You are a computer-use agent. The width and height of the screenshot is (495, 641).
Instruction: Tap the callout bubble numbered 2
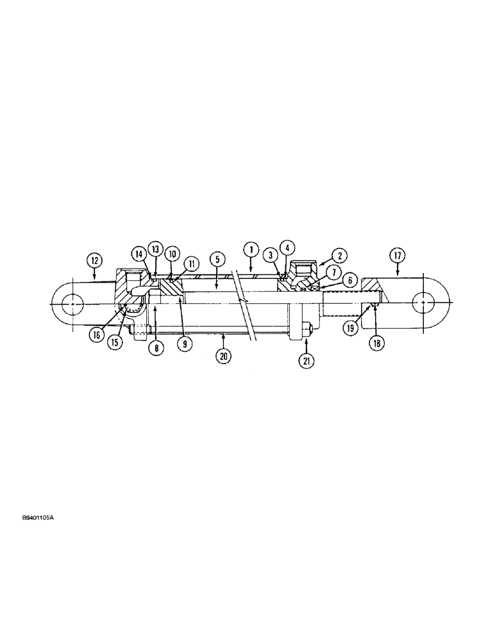point(339,255)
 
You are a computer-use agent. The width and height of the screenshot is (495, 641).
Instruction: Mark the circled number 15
point(115,343)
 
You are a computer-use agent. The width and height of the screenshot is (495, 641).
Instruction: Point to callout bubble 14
point(138,254)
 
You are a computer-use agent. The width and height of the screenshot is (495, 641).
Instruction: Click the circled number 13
point(155,249)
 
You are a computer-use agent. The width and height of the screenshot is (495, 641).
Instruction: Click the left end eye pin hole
point(74,303)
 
